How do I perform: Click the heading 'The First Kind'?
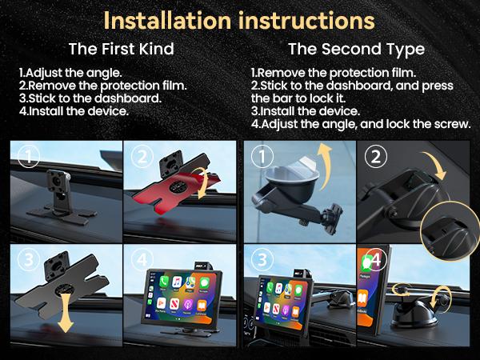(121, 49)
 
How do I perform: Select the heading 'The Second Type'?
(356, 49)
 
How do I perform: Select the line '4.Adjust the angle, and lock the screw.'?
(361, 125)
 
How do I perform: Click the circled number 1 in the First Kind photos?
(29, 158)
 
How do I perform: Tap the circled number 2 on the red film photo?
(142, 158)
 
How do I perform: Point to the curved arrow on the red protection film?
(206, 185)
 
